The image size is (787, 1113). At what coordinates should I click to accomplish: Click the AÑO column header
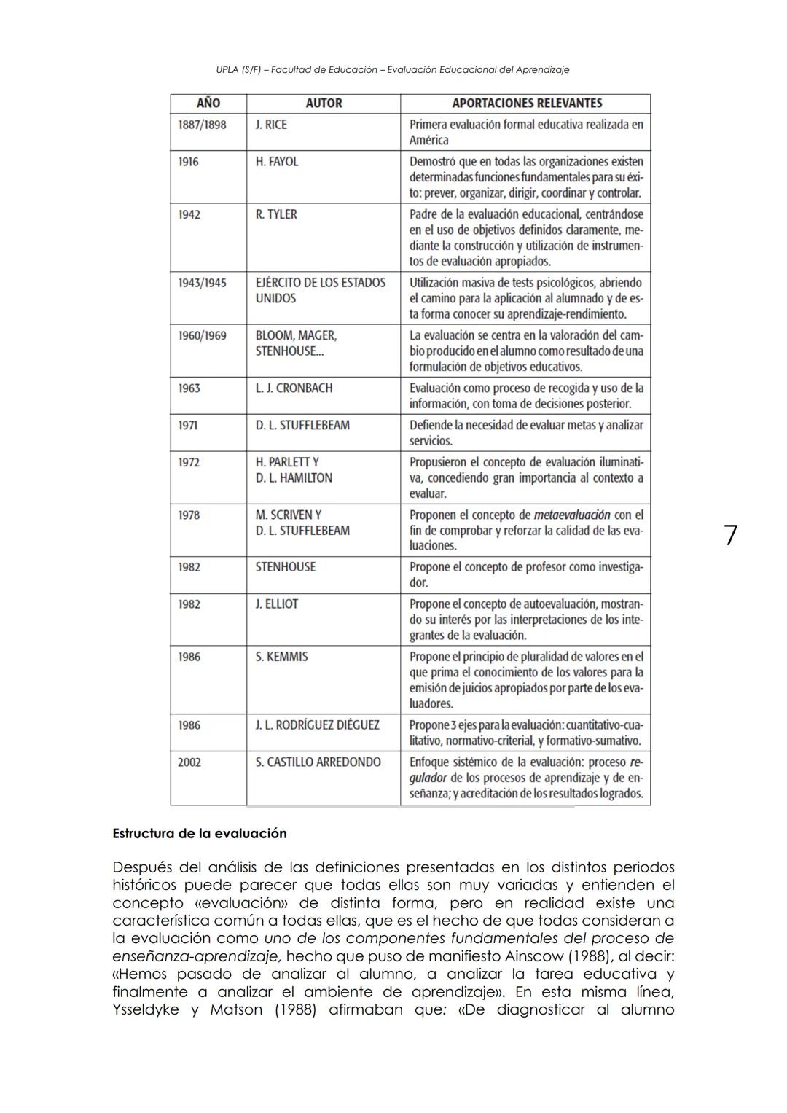tap(208, 104)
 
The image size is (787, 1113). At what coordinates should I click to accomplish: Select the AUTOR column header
tap(324, 104)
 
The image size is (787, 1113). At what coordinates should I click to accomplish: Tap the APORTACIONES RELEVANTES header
tap(527, 104)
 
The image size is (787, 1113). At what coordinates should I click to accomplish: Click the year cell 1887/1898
tap(203, 125)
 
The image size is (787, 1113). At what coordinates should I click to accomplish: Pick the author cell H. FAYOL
tap(277, 162)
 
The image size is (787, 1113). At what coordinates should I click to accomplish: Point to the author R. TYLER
tap(276, 214)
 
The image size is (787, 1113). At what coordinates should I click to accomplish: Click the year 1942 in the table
tap(189, 214)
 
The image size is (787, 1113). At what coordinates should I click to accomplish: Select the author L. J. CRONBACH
tap(294, 388)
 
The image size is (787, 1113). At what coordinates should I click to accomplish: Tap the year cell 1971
tap(189, 425)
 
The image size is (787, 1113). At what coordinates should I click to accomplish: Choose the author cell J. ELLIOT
tap(277, 604)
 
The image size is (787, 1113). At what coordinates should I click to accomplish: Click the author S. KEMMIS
tap(281, 657)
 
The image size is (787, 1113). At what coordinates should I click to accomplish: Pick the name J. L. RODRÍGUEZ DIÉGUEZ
tap(317, 725)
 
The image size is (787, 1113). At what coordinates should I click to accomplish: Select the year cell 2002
tap(189, 762)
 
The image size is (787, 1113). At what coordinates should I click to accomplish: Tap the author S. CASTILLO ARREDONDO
tap(318, 762)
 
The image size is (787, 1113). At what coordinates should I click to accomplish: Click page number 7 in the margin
tap(730, 536)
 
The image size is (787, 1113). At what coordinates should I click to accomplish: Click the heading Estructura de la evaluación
tap(200, 833)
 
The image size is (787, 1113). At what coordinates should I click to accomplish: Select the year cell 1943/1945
tap(203, 283)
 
